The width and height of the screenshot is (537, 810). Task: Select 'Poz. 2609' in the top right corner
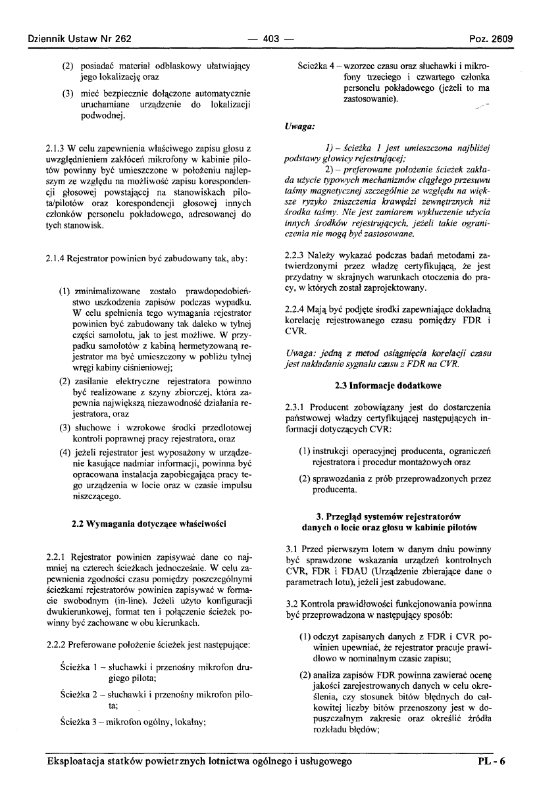[490, 38]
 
